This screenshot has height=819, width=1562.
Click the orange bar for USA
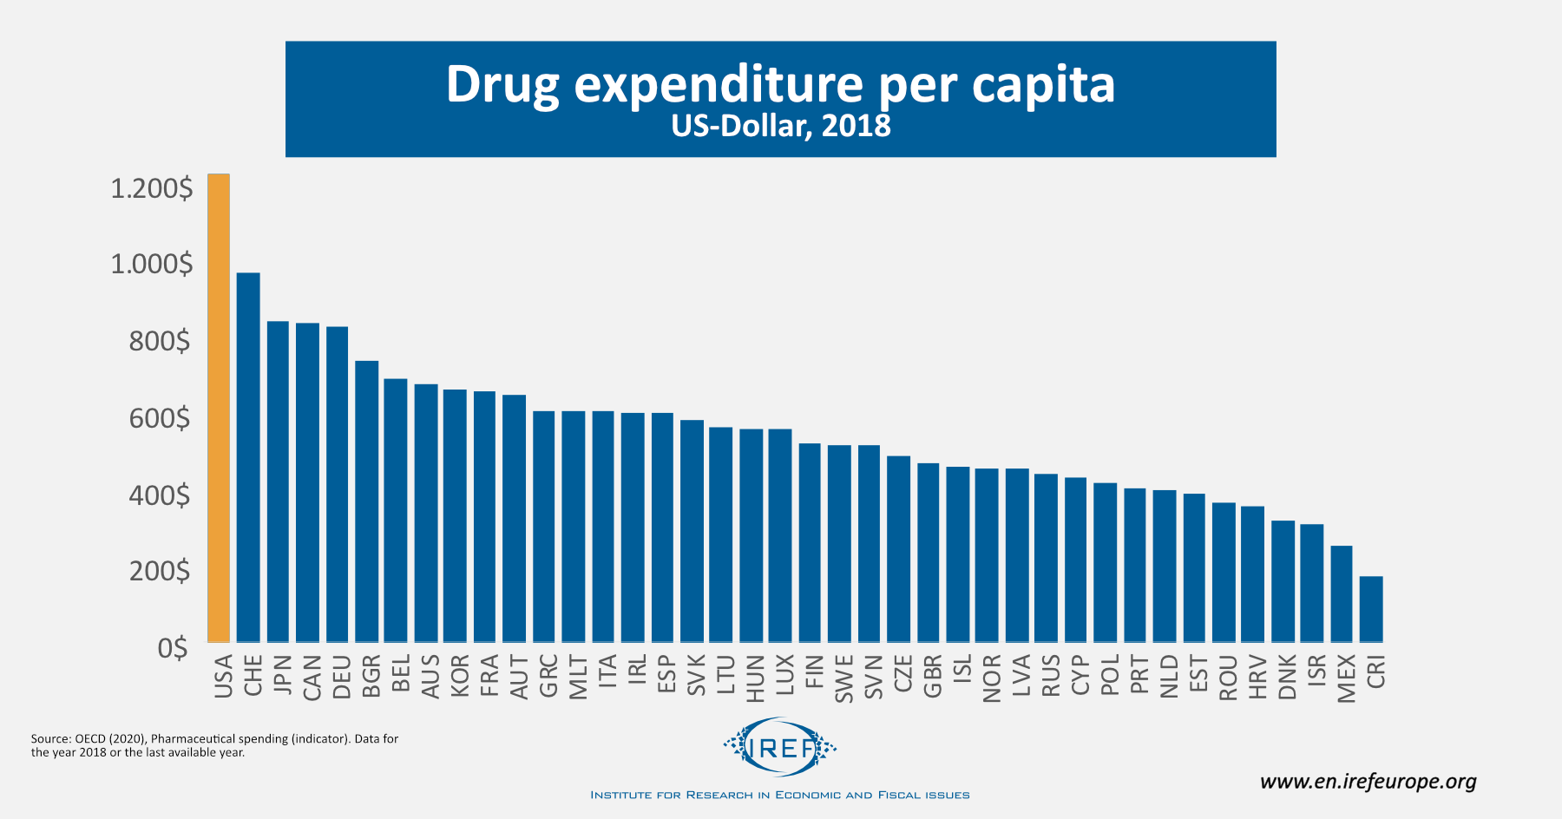(219, 408)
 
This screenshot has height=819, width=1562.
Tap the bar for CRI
(1371, 609)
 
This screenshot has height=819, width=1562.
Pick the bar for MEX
(1342, 593)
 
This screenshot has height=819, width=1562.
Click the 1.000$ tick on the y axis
(152, 264)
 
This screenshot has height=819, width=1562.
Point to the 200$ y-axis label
(160, 571)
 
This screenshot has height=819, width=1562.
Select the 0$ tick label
(173, 648)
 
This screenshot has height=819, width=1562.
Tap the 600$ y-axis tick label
(160, 418)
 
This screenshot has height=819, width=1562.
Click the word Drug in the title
(502, 85)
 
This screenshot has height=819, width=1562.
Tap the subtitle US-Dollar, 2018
(781, 127)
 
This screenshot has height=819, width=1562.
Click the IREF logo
(780, 746)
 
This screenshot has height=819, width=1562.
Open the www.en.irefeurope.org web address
(1368, 782)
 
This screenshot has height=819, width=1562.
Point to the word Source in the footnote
(50, 739)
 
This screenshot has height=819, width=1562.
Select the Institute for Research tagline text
(779, 795)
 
